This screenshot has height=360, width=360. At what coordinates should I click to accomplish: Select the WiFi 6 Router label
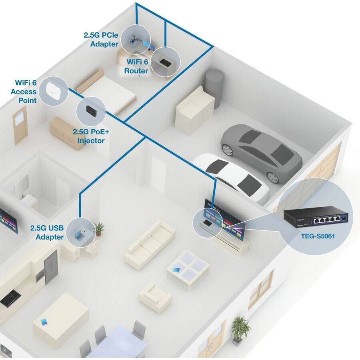[x=138, y=66]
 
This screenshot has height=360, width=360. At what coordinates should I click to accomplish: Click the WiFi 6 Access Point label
[x=26, y=92]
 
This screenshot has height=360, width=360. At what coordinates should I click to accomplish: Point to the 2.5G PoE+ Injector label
[x=88, y=136]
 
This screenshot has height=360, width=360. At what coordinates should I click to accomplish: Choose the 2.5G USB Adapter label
[x=47, y=232]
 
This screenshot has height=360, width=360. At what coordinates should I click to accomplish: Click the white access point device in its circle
[x=52, y=88]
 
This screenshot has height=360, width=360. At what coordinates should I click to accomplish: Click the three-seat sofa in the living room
[x=149, y=243]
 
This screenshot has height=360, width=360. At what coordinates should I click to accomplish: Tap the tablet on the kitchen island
[x=44, y=322]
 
